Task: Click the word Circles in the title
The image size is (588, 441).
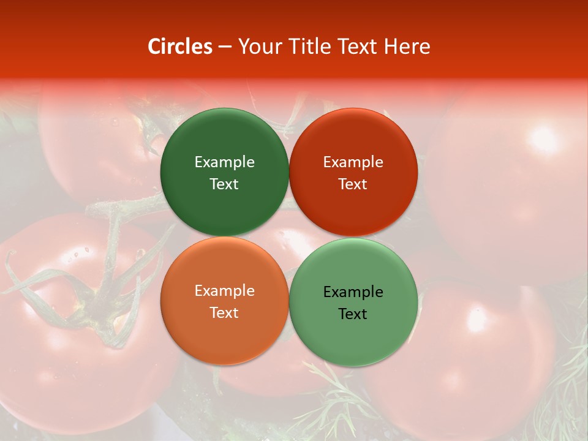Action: pyautogui.click(x=180, y=47)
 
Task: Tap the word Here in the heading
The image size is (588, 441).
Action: pyautogui.click(x=407, y=47)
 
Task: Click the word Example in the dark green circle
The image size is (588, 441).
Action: pyautogui.click(x=224, y=162)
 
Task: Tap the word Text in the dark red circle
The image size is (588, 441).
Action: pyautogui.click(x=353, y=184)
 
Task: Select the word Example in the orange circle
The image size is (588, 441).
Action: pyautogui.click(x=224, y=290)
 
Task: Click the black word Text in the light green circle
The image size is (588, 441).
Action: pyautogui.click(x=353, y=314)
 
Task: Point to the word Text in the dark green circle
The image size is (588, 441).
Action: pyautogui.click(x=224, y=184)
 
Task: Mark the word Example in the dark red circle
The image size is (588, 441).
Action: pyautogui.click(x=353, y=162)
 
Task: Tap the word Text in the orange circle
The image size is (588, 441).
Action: pyautogui.click(x=224, y=312)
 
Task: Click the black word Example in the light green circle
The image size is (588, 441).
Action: pyautogui.click(x=353, y=292)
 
